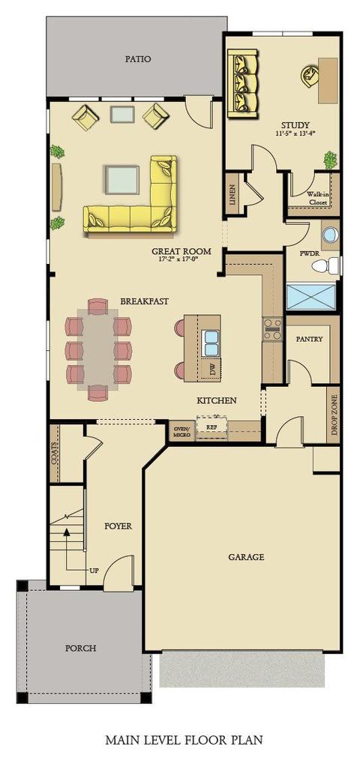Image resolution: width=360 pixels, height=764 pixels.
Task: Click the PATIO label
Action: (138, 59)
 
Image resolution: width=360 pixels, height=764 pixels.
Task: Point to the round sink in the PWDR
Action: (330, 235)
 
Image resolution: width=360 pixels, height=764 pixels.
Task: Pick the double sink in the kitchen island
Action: (211, 343)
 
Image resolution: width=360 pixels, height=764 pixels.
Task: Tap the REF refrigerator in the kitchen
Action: (211, 427)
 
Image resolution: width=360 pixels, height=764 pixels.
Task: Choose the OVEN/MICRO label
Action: (181, 430)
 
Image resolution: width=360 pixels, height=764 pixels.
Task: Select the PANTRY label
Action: (310, 339)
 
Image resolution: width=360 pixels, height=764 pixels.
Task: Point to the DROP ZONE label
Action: (334, 415)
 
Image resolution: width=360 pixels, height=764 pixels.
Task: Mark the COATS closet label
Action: (54, 453)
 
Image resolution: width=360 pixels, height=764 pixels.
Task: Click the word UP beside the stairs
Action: (94, 569)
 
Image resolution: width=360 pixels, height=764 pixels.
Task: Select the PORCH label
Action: (80, 649)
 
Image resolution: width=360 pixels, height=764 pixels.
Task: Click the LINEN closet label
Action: (232, 193)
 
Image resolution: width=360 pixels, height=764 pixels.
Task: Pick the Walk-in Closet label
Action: (316, 197)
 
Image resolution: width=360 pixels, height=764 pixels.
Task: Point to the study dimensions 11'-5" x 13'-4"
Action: (295, 133)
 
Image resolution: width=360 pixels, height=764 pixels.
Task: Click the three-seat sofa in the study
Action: (242, 83)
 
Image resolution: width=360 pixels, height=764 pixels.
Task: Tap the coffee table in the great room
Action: (121, 180)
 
